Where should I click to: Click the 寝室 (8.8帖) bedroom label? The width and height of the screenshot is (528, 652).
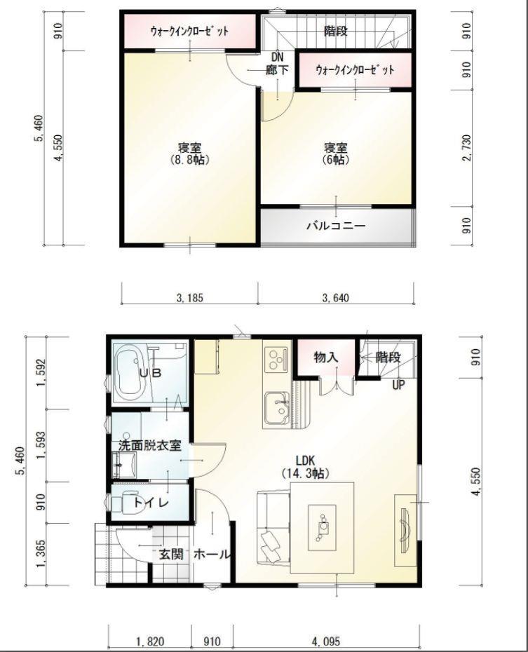(x=189, y=154)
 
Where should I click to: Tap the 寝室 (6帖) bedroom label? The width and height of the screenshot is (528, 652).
(x=336, y=154)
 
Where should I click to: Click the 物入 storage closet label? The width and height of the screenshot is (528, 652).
(x=326, y=357)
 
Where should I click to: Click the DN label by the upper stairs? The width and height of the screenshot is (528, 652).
(x=277, y=57)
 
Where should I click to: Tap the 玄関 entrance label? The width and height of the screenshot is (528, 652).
(x=170, y=554)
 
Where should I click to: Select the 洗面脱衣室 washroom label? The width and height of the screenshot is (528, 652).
(x=149, y=444)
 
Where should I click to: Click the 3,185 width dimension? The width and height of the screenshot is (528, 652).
(x=189, y=298)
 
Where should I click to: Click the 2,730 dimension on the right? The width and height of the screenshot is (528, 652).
(x=466, y=149)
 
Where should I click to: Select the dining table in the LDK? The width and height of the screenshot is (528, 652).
(x=322, y=527)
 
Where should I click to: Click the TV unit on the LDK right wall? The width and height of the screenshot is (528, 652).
(x=405, y=526)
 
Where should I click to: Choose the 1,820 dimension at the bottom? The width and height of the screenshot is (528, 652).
(x=148, y=641)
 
